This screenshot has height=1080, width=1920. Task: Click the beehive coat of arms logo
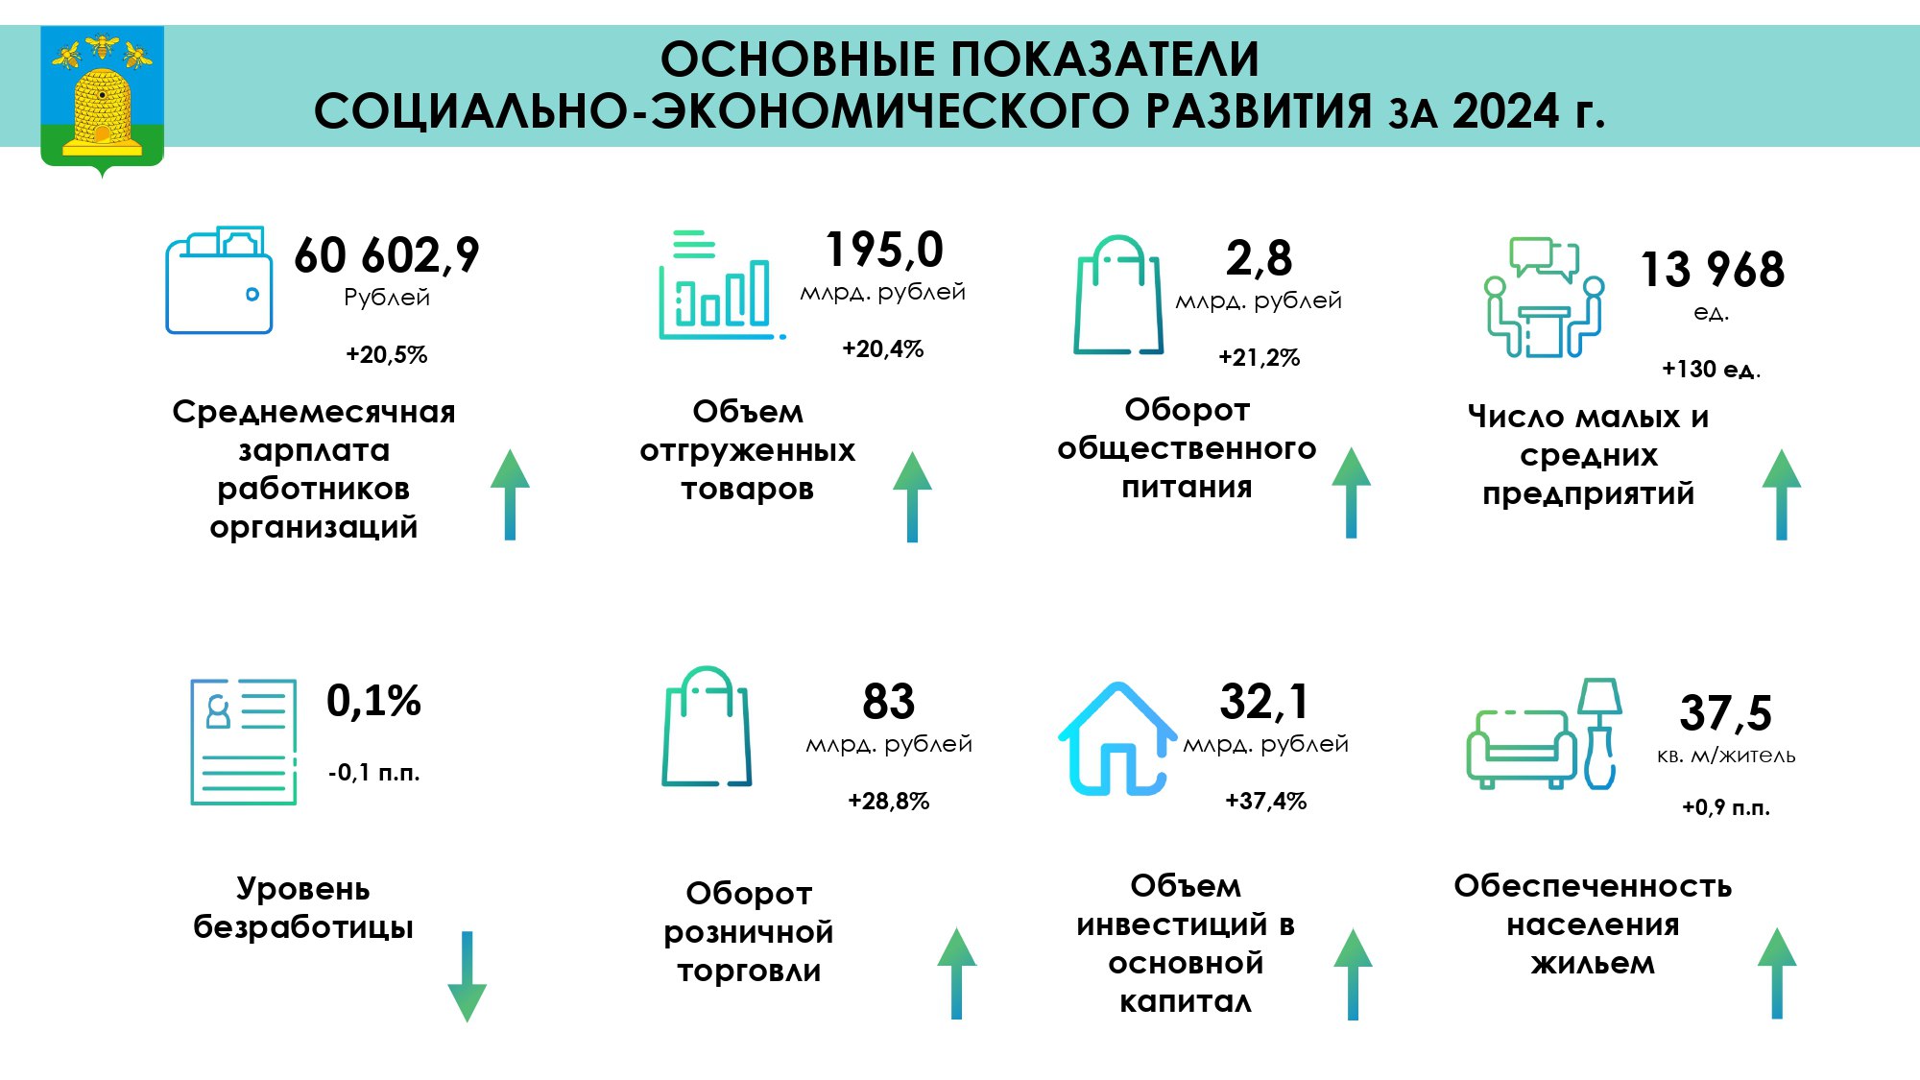[102, 100]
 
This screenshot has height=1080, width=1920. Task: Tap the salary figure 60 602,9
[387, 255]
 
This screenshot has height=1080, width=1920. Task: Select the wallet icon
[219, 280]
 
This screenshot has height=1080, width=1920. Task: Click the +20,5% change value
[387, 354]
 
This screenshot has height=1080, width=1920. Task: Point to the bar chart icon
[721, 284]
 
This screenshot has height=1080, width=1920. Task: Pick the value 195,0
[884, 250]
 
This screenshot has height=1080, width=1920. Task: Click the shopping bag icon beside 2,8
[1118, 295]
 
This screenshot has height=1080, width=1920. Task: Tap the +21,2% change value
[1260, 357]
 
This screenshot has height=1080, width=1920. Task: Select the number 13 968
[1713, 269]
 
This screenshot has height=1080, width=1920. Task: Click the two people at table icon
[1544, 297]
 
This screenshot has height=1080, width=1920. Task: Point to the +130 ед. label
[1712, 369]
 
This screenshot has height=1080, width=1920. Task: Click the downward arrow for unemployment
[468, 976]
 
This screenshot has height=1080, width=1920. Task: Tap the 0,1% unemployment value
[373, 701]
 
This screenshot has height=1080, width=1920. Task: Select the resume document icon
[244, 742]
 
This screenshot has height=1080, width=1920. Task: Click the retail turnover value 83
[889, 702]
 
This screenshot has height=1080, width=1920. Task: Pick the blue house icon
[1117, 739]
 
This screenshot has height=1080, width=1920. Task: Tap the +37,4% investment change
[1266, 801]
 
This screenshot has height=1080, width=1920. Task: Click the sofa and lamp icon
[1544, 734]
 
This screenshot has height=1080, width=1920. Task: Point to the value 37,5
[1726, 712]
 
